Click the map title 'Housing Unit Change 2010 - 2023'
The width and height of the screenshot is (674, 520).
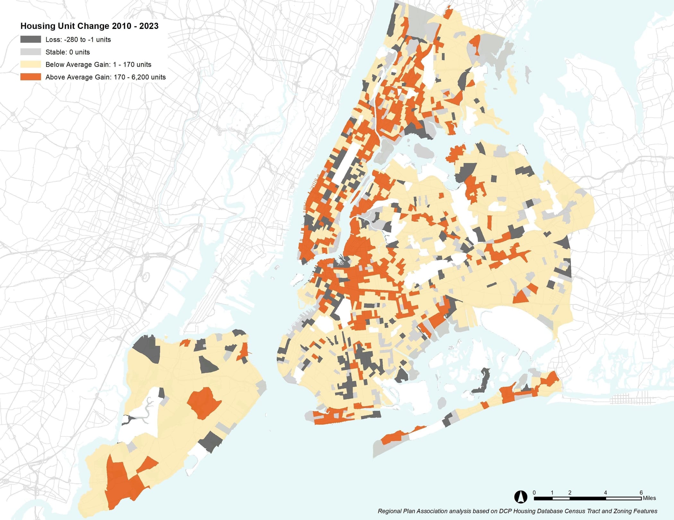(x=89, y=26)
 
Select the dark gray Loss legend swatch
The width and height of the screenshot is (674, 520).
(x=30, y=39)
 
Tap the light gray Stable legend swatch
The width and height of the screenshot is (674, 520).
(x=30, y=52)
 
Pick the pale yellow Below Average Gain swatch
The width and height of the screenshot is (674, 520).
(x=30, y=65)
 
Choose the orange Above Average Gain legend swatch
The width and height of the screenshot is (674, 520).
(x=30, y=77)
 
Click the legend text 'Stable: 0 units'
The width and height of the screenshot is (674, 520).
(x=67, y=52)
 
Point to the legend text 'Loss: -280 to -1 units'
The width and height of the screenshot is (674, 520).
(x=78, y=39)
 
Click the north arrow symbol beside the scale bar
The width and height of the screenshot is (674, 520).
(x=520, y=497)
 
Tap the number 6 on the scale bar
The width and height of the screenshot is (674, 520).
(x=641, y=492)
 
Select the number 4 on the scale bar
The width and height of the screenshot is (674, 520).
(x=605, y=492)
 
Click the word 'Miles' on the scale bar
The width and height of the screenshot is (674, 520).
(x=649, y=498)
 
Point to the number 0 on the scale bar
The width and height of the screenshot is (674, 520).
(x=534, y=492)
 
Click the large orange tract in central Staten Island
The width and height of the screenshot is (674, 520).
(x=204, y=403)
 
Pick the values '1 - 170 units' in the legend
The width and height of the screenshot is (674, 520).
(x=132, y=65)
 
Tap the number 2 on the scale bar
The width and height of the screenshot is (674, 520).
(x=570, y=492)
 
